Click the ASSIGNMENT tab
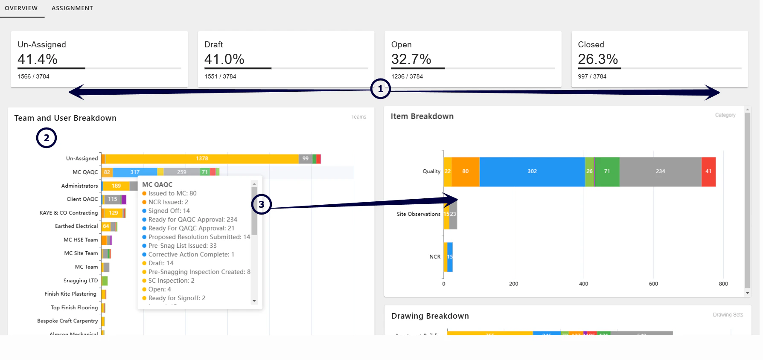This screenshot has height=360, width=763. pos(72,8)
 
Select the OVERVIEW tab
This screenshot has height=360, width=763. pos(21,8)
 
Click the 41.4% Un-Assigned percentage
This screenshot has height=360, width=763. pos(38,59)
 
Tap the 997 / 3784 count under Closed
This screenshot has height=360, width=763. pos(592,76)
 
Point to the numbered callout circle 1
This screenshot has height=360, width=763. pos(380,89)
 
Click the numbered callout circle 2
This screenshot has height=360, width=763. pos(47,138)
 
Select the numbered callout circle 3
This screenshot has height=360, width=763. pos(261,204)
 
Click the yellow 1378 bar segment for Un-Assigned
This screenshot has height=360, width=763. pos(202,159)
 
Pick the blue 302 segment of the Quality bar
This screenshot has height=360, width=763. pos(532,171)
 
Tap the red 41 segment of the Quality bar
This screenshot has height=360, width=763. pos(708,171)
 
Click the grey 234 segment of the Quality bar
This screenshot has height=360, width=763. pos(660,171)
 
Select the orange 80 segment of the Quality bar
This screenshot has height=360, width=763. pos(465,171)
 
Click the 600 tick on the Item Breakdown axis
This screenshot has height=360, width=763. pos(653,284)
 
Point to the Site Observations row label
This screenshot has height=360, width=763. pos(418,214)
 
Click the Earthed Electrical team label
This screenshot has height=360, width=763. pos(76,226)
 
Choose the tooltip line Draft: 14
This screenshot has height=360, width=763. pos(161,263)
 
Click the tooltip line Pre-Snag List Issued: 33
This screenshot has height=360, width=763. pos(182,246)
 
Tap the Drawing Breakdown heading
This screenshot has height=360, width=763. pos(430,316)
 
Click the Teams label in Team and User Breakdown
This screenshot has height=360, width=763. pos(358,117)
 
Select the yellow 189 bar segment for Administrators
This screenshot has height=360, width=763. pos(116,186)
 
